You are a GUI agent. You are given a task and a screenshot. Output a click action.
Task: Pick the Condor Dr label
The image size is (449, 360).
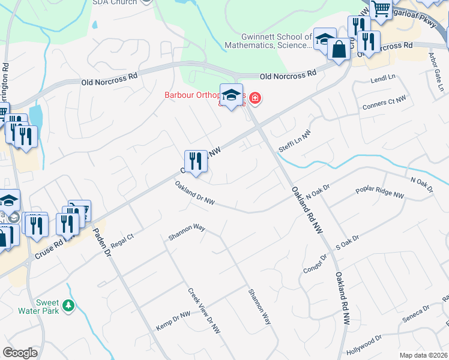pyautogui.click(x=315, y=262)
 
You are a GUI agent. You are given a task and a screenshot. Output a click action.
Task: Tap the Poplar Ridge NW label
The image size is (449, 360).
pyautogui.click(x=380, y=191)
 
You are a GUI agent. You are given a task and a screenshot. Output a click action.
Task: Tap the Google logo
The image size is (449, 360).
pyautogui.click(x=20, y=352)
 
